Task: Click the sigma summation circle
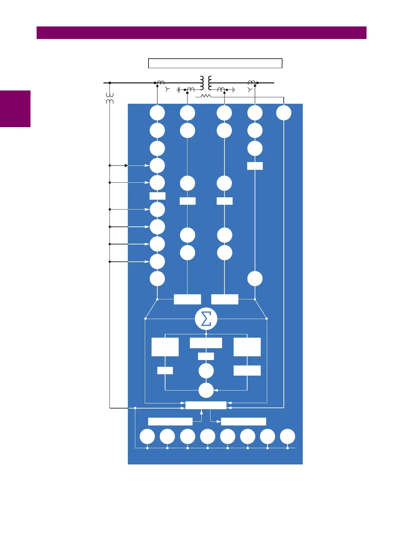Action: point(206,319)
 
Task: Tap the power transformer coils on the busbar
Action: point(206,83)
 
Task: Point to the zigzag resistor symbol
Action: point(205,96)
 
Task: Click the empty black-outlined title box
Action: point(215,63)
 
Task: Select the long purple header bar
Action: point(201,33)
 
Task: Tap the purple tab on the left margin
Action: point(15,109)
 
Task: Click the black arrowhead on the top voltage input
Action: point(126,165)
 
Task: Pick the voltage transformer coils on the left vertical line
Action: point(110,98)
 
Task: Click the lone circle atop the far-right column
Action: point(284,113)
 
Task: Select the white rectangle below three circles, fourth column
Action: point(255,166)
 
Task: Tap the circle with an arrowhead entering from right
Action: point(206,390)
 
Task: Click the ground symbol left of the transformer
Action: point(178,90)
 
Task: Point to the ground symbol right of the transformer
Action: point(234,90)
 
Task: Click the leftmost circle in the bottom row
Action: point(147,436)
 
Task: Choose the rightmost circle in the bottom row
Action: point(288,436)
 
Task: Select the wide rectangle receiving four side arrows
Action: point(206,405)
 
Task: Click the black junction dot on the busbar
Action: point(110,83)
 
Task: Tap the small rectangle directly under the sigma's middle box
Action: point(206,356)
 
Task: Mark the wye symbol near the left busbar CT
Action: point(167,89)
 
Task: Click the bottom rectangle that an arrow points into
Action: point(243,421)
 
